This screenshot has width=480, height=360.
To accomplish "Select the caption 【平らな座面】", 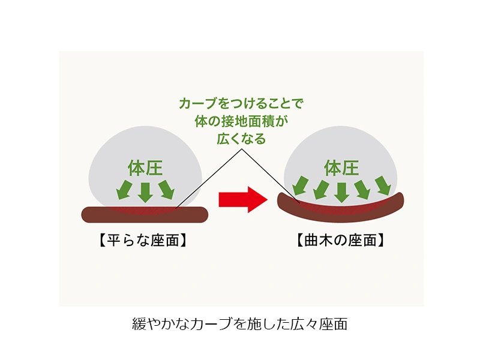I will click(x=144, y=241).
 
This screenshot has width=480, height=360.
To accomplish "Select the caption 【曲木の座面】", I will click(x=341, y=241).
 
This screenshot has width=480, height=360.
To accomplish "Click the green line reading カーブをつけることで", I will click(x=241, y=103).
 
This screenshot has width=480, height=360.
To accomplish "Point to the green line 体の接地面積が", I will click(x=241, y=121).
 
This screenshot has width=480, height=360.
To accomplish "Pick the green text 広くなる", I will click(x=241, y=138).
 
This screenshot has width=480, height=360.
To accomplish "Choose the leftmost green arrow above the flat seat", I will click(x=124, y=189).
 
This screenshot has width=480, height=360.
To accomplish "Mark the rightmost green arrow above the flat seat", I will click(x=166, y=189).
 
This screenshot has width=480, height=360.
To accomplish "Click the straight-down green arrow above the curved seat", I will click(x=341, y=192).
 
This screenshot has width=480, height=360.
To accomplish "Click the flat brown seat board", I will click(x=144, y=215).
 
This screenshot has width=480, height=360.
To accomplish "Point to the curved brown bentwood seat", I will click(x=341, y=211).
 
